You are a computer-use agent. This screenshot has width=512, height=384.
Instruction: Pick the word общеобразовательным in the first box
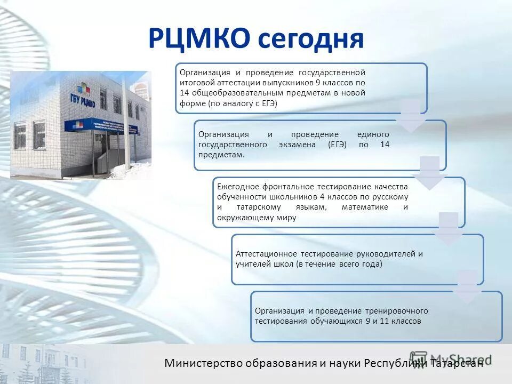coord(230,93)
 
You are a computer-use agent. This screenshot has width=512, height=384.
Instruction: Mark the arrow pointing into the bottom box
coord(468,288)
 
